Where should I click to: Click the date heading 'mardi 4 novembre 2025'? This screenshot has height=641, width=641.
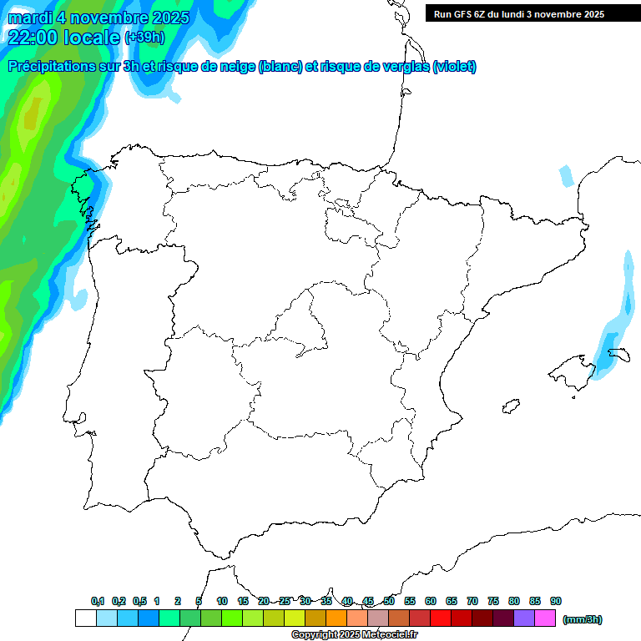(x=98, y=18)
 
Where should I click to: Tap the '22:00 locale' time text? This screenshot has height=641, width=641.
(x=65, y=37)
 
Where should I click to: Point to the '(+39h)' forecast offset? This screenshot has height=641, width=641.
(x=144, y=38)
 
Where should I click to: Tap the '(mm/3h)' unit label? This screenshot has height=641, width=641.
(x=583, y=619)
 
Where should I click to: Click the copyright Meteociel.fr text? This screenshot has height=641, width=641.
(x=354, y=635)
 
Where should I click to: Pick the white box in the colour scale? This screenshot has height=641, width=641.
(x=85, y=618)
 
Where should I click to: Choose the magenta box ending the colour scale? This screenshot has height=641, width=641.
(x=545, y=618)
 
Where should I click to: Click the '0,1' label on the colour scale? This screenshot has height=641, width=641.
(x=98, y=601)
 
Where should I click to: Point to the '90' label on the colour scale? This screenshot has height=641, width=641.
(x=556, y=601)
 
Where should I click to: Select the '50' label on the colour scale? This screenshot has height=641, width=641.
(x=389, y=601)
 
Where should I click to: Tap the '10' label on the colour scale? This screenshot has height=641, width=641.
(x=222, y=601)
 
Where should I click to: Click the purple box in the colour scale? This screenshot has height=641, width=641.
(x=524, y=618)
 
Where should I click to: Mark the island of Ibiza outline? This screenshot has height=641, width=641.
(x=511, y=406)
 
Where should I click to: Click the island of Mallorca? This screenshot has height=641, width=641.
(x=570, y=371)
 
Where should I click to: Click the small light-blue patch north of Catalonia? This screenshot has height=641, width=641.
(x=567, y=176)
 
